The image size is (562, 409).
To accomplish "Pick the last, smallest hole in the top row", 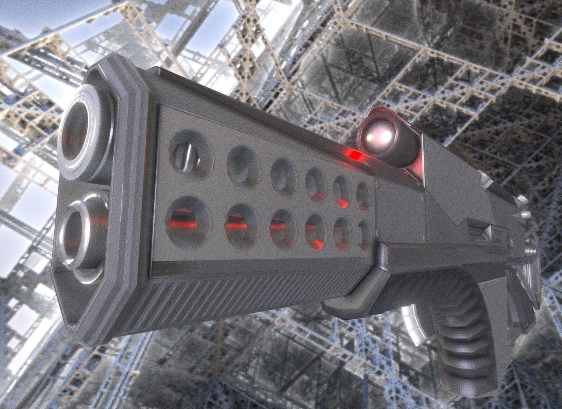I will point(364,193).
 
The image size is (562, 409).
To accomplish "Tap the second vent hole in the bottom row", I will point(242,224).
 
